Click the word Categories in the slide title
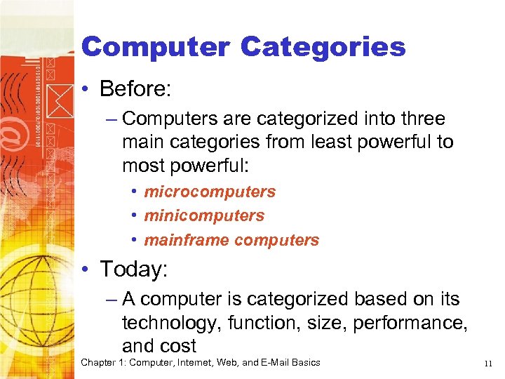(x=323, y=47)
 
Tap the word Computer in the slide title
(x=155, y=47)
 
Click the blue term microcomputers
(x=210, y=192)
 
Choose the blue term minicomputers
(x=204, y=215)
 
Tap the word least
(x=309, y=142)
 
